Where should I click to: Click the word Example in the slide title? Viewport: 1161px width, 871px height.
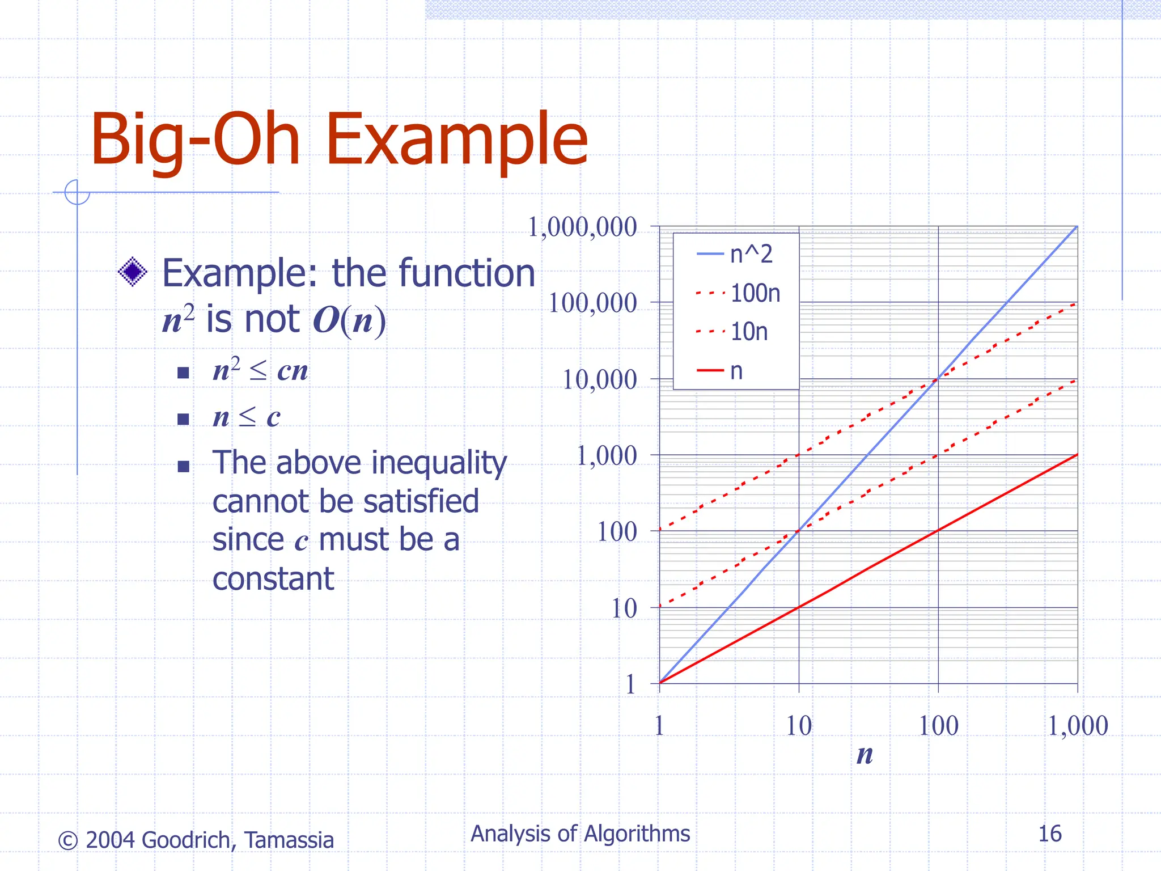point(456,141)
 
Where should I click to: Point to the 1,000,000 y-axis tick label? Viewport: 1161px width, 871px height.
point(582,227)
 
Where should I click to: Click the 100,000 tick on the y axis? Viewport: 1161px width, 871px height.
point(592,303)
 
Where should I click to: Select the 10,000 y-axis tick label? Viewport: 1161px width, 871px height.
point(599,380)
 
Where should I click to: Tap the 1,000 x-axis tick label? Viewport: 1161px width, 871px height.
point(1077,726)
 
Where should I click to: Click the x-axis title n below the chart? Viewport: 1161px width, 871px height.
point(865,755)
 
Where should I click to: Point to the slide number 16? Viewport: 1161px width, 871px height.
point(1049,834)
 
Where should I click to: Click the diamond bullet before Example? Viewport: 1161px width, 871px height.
point(133,273)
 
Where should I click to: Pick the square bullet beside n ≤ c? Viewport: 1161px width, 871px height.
point(183,419)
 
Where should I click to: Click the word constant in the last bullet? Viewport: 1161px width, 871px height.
point(273,579)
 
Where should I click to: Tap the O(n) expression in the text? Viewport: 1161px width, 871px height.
point(349,321)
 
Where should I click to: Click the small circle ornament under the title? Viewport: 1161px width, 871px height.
point(77,192)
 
